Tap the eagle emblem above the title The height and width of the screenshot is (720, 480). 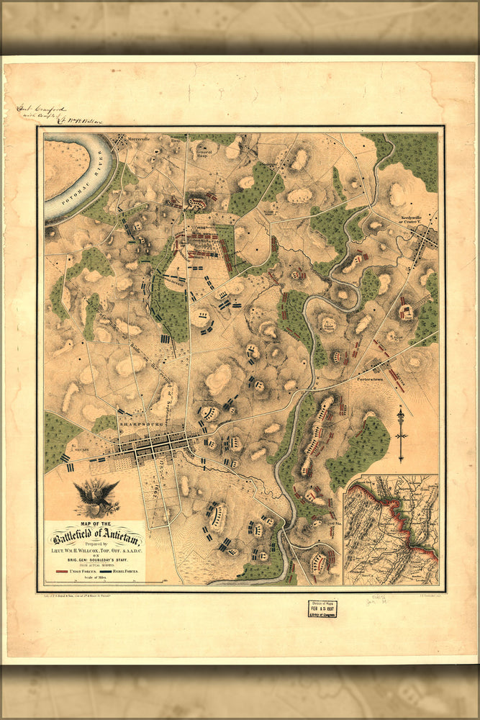click(x=95, y=498)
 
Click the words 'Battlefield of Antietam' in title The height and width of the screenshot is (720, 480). click(x=95, y=539)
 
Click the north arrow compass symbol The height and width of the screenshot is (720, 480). click(x=401, y=435)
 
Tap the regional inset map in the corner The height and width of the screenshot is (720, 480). click(x=391, y=530)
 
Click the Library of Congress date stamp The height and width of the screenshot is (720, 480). click(x=322, y=609)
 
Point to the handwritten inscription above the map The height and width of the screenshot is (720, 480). click(x=58, y=115)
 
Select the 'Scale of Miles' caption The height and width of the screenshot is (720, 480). click(x=95, y=577)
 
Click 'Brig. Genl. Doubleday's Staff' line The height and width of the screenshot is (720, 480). click(x=95, y=559)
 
